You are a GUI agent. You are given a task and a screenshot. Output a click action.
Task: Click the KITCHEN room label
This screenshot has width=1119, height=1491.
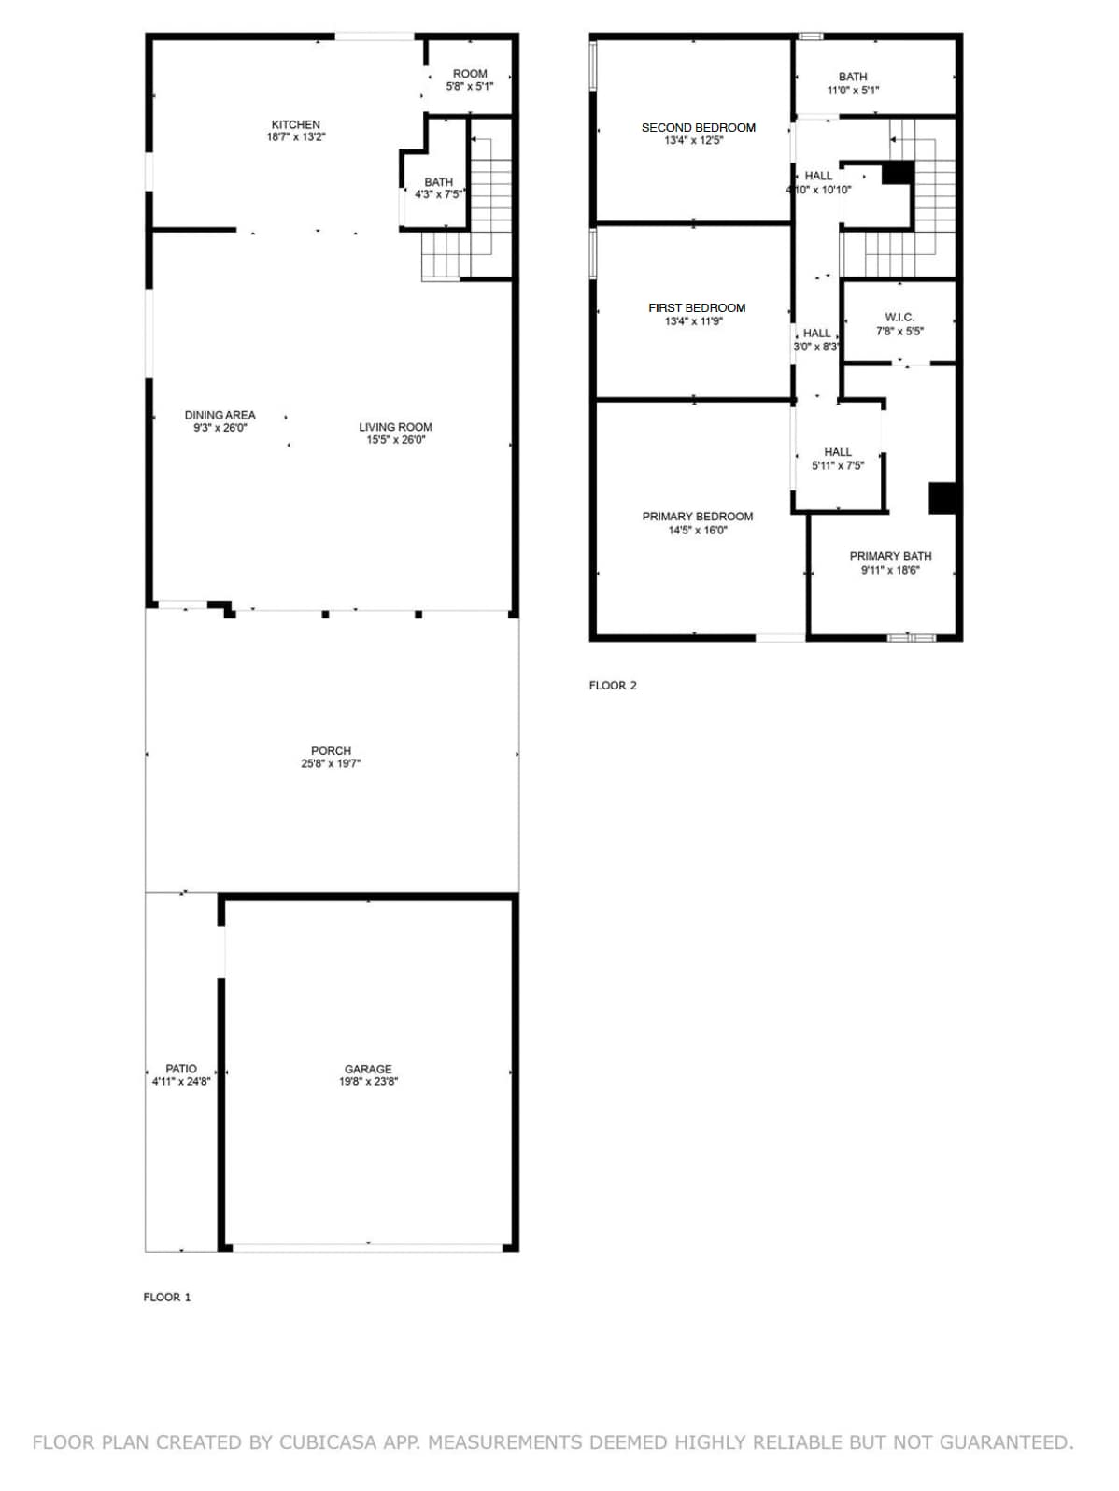click(295, 125)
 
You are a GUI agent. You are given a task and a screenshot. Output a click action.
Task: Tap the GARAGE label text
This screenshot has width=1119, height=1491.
click(368, 1069)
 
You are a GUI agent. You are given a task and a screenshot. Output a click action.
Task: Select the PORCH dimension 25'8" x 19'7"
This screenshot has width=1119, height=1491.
click(331, 763)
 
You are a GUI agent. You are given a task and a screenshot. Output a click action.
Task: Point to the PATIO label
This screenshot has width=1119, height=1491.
click(181, 1069)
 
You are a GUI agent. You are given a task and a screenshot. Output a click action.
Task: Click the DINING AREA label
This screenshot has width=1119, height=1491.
click(220, 415)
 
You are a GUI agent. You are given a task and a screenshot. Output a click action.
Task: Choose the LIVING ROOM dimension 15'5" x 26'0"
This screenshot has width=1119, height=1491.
click(396, 439)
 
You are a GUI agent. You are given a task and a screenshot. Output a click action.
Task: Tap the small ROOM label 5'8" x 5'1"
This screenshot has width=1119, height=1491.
click(470, 74)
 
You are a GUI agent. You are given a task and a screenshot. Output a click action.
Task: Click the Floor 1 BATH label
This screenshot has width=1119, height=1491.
click(439, 182)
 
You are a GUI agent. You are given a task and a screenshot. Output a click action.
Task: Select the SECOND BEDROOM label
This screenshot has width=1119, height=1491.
click(699, 128)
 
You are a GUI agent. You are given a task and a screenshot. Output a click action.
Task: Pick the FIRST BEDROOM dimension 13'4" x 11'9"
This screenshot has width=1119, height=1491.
click(694, 321)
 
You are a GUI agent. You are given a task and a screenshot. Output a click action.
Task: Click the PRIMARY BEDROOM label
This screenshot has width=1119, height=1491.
click(698, 517)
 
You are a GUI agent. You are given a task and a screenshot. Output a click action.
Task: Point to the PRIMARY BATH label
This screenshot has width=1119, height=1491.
click(891, 556)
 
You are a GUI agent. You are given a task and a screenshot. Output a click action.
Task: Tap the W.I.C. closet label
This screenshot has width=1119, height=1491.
click(899, 318)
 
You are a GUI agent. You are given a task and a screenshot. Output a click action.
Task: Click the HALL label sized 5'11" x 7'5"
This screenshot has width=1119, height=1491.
click(838, 452)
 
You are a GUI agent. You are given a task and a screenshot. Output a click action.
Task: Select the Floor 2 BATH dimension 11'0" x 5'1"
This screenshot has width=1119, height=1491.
click(854, 90)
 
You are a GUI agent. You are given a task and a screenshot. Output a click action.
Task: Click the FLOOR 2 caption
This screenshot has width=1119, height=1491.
click(613, 686)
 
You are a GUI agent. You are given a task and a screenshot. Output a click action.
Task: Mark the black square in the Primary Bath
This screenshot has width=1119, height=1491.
click(942, 498)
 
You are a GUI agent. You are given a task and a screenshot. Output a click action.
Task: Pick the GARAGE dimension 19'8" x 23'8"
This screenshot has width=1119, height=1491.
click(369, 1081)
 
